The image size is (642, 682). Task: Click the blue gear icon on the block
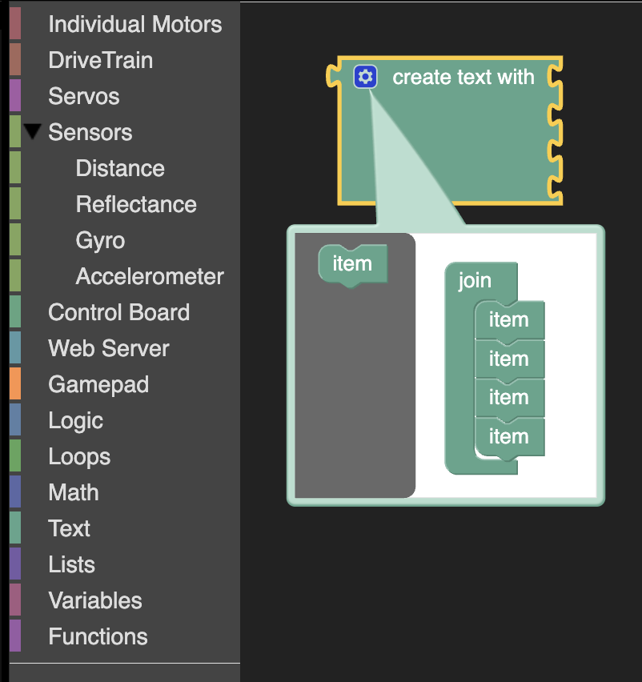pos(365,77)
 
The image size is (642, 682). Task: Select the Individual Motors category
pos(134,24)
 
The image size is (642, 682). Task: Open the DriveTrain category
pos(101,61)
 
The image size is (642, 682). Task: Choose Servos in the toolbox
pos(83,97)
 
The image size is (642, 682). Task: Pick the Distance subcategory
pos(120,169)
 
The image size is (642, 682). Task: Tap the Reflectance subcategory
pos(136,205)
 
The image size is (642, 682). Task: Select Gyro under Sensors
pos(100,241)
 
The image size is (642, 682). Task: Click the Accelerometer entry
pos(150,277)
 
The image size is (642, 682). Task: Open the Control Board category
pos(118,313)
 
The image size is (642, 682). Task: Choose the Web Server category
pos(109,349)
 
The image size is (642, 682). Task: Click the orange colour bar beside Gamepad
pos(15,383)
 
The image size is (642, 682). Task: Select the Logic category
pos(76,421)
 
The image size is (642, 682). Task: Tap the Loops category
pos(79,457)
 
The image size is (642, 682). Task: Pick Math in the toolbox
pos(74,493)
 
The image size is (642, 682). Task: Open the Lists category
pos(71,565)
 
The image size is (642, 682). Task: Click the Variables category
pos(95,601)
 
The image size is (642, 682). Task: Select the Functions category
pos(98,637)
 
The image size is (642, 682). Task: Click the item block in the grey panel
pos(353,264)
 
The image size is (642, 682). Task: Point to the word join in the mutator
pos(475,281)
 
